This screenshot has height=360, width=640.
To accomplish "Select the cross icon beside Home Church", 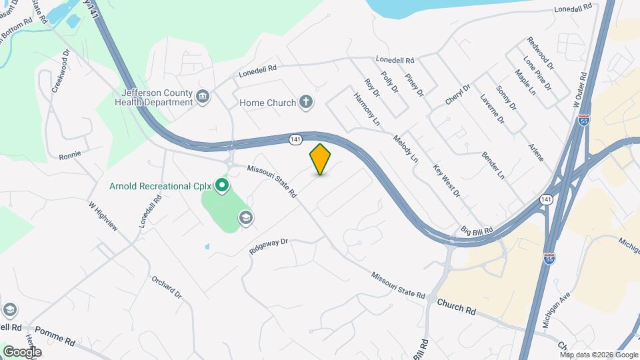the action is pos(306,103).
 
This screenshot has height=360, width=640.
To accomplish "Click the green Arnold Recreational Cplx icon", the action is pos(223,185).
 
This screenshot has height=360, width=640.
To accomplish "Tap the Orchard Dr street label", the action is pos(166,287).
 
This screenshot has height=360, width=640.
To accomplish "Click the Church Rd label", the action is pos(457,307).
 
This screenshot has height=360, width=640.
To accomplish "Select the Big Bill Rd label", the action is pos(477,231).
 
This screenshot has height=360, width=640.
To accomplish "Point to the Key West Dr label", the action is pos(447,181).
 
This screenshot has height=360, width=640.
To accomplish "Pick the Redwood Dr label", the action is pos(540,53).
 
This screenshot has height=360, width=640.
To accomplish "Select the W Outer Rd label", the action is pos(582,93).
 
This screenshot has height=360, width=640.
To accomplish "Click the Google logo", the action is pos(22,351).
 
